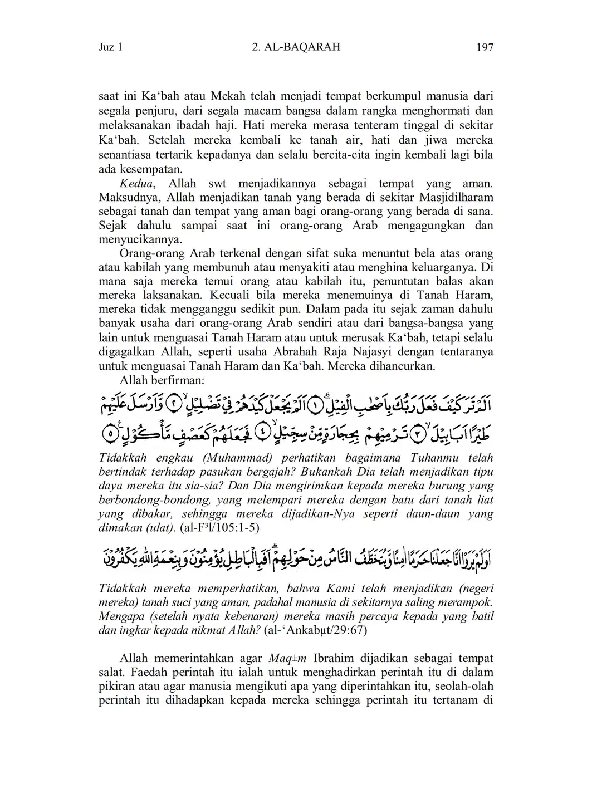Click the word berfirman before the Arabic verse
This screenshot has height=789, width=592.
pos(176,381)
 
